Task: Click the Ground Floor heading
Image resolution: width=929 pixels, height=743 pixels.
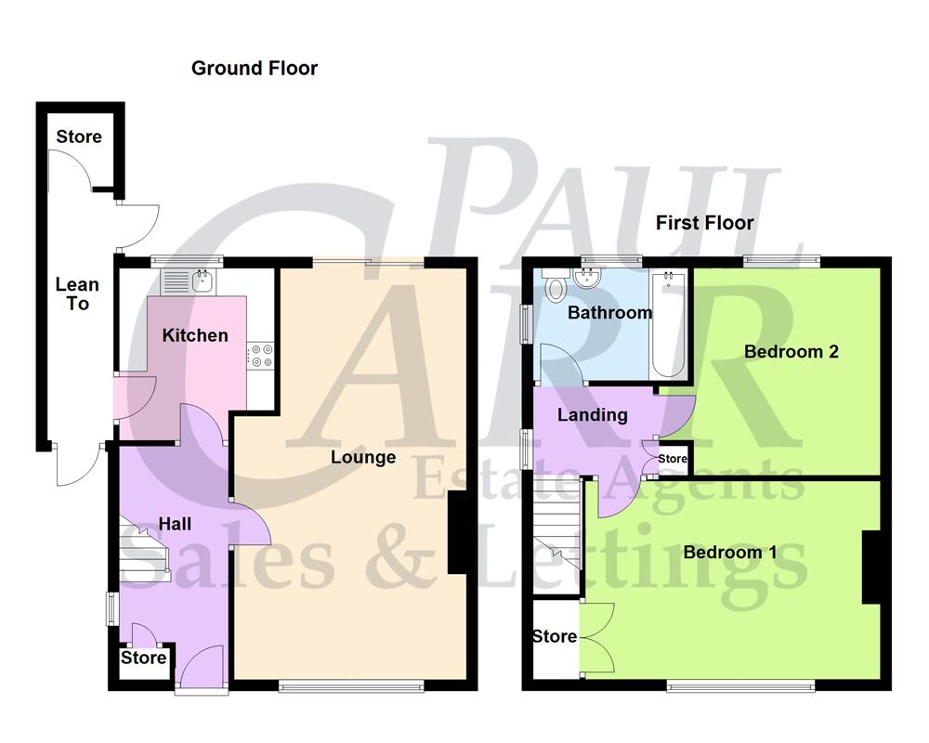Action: tap(254, 68)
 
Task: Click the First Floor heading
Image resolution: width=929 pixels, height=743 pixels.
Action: tap(704, 223)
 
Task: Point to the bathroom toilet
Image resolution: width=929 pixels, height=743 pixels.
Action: tap(556, 288)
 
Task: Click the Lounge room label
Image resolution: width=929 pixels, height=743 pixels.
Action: tap(363, 457)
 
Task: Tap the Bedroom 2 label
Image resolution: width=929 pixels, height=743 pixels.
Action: tap(792, 351)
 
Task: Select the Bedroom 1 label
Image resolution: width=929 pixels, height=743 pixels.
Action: tap(730, 553)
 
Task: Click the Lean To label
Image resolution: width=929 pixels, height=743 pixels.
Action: tap(77, 293)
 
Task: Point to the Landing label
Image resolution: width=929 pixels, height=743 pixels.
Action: tap(592, 415)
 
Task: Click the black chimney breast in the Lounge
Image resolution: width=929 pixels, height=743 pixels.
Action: tap(457, 533)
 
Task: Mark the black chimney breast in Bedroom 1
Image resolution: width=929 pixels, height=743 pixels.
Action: tap(870, 567)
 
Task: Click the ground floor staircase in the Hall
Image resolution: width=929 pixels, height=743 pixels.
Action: tap(144, 555)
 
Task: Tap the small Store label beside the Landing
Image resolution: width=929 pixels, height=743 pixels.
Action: tap(673, 459)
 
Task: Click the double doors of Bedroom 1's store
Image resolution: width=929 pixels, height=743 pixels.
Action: tap(597, 636)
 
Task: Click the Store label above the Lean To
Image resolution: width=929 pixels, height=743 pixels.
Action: tap(79, 137)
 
